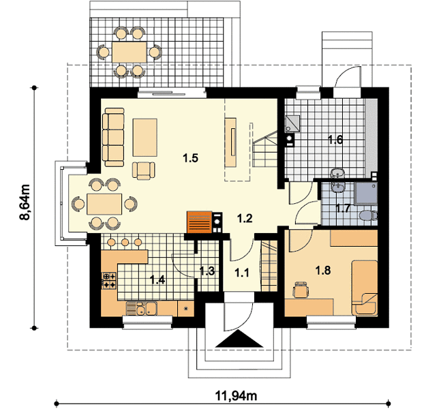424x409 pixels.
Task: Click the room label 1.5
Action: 191,158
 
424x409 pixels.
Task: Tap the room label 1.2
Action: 245,218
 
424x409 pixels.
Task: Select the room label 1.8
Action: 323,270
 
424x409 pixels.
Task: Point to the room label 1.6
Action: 335,140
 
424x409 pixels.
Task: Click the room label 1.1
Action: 242,273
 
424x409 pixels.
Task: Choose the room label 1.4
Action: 157,279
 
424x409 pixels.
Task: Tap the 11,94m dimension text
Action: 236,396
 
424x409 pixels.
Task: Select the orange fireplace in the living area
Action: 199,222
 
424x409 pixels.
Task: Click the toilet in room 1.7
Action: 368,215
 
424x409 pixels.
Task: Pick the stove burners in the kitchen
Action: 109,280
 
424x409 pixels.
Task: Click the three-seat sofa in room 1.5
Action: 113,137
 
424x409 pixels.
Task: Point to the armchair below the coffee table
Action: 144,170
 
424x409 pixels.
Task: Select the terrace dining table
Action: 130,52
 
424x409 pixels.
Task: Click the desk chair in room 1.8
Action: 301,290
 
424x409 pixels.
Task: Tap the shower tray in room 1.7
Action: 367,193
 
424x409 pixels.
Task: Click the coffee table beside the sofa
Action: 145,137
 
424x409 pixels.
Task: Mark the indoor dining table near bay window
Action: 104,204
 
